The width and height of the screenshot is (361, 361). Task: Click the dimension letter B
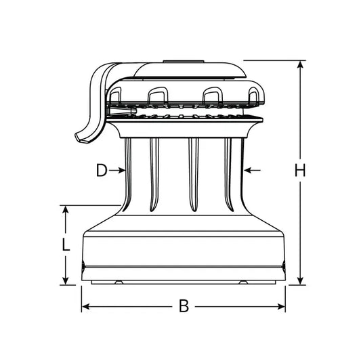[x=183, y=306]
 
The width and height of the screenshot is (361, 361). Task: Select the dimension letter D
[x=101, y=171]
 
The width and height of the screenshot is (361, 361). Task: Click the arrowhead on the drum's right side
[x=247, y=169]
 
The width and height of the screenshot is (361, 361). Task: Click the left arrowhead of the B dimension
[x=85, y=307]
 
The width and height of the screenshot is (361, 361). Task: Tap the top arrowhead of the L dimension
[x=66, y=210]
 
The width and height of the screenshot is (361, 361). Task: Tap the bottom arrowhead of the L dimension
[x=66, y=280]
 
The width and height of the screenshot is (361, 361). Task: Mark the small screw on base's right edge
[x=283, y=265]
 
